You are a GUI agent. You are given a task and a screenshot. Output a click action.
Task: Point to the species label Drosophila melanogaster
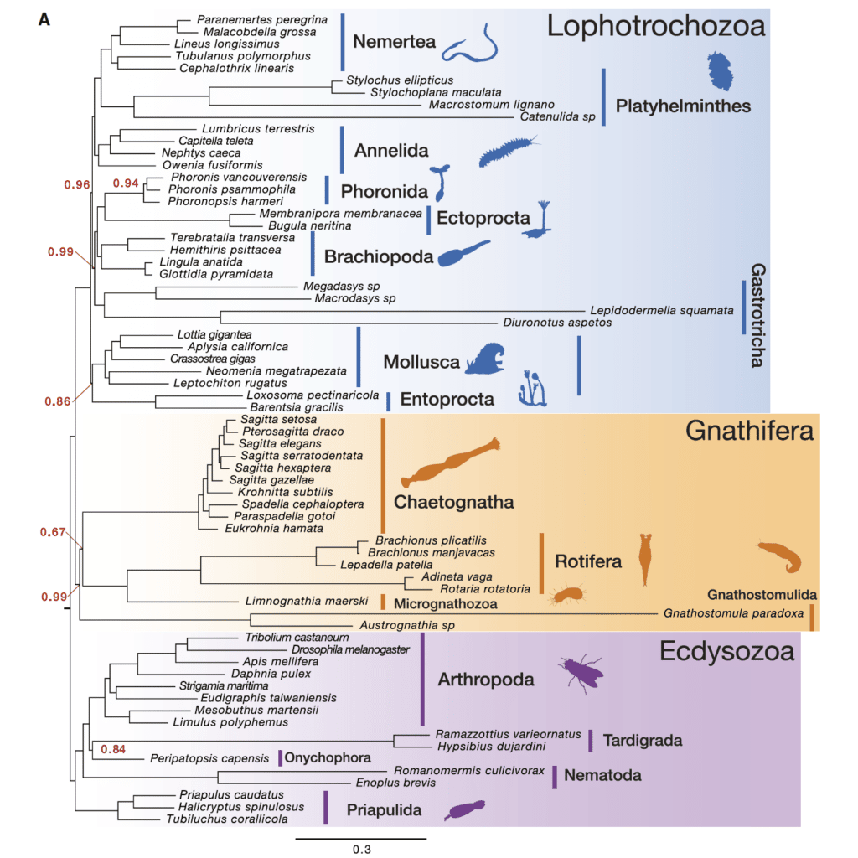[350, 649]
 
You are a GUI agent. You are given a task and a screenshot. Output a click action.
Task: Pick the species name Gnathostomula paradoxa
[735, 612]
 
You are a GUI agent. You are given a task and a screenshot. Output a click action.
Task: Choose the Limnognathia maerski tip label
[308, 601]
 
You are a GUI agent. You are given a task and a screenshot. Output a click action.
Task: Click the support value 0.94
[125, 183]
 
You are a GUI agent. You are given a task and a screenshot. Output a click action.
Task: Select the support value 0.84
[112, 748]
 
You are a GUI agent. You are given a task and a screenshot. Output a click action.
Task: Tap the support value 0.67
[53, 532]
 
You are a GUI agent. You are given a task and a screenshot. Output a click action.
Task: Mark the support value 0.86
[57, 401]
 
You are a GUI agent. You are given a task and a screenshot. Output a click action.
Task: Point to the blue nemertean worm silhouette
[468, 44]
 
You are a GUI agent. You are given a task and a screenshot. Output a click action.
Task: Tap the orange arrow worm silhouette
[449, 464]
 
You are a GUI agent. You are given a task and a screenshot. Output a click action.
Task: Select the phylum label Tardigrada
[643, 741]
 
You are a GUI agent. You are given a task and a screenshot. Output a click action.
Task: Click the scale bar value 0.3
[361, 849]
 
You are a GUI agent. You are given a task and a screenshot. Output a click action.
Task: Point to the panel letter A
[44, 18]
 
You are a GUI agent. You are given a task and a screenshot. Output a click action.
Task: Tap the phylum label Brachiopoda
[378, 256]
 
